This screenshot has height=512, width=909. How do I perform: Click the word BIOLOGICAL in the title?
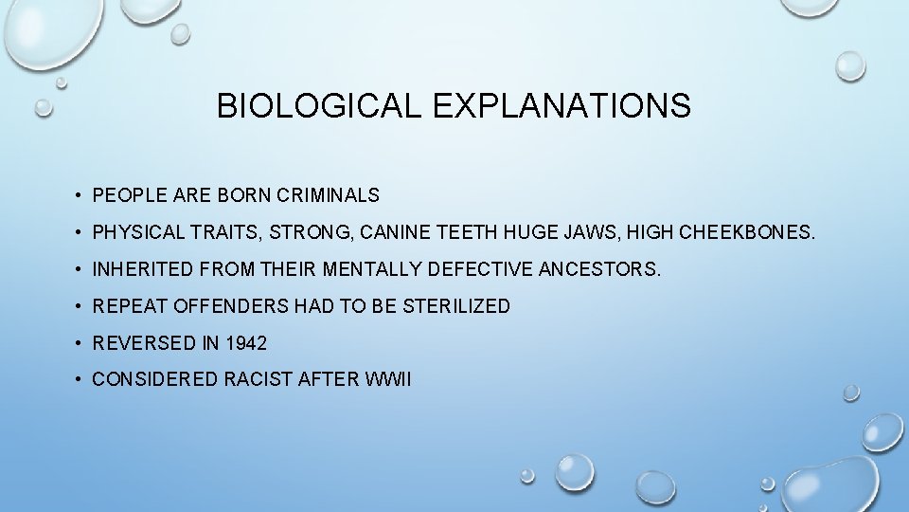coord(319,106)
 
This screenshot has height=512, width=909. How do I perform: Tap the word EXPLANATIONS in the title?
coord(561,106)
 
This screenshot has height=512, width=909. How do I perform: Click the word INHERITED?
coord(143,270)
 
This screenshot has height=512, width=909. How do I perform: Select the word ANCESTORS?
coord(599,270)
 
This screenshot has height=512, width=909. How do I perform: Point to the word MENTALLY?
coord(372,270)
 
